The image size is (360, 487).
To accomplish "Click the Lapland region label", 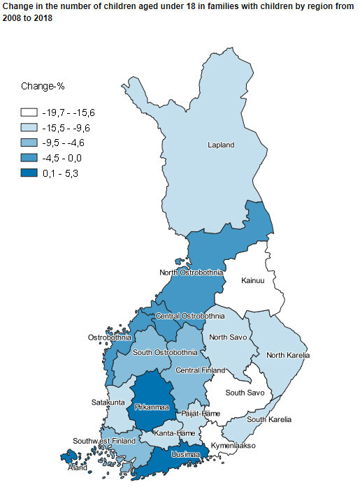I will click(221, 145).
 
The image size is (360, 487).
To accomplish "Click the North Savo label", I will click(226, 337).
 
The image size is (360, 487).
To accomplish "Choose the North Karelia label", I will click(288, 355).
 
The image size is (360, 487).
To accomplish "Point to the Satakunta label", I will click(108, 402).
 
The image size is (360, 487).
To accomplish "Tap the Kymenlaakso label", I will click(233, 445).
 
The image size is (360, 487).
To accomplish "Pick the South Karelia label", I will click(269, 419).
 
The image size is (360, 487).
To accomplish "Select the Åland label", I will click(78, 467).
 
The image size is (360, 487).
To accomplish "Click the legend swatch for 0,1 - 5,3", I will click(29, 174).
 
